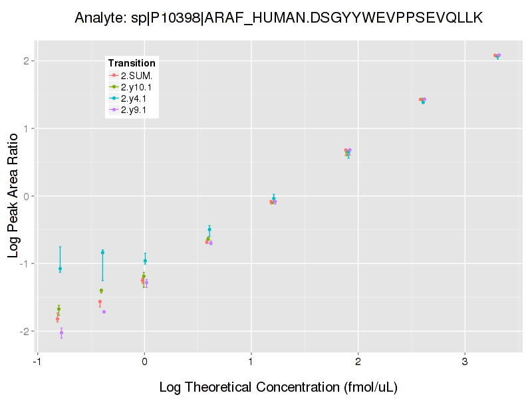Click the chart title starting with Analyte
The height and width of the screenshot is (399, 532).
pos(279,17)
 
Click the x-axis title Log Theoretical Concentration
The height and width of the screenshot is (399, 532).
pos(279,387)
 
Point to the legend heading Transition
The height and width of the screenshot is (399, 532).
pos(132,63)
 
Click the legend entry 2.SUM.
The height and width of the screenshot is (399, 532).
pos(136,75)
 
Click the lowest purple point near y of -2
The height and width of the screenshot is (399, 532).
pos(61,332)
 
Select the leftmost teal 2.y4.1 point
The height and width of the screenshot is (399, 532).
pos(60,269)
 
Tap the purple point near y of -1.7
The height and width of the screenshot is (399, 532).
pos(104,312)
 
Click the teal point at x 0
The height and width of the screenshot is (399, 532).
pos(145,261)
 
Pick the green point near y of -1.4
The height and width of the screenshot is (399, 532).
pos(101,291)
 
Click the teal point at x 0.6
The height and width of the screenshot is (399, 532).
pos(209,229)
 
